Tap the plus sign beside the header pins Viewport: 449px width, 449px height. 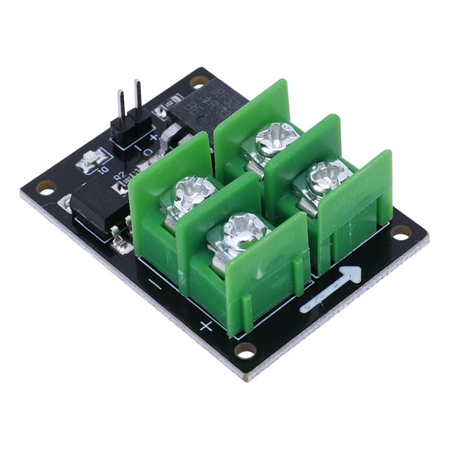pyautogui.click(x=153, y=137)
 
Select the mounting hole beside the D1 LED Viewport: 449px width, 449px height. pyautogui.click(x=45, y=189)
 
